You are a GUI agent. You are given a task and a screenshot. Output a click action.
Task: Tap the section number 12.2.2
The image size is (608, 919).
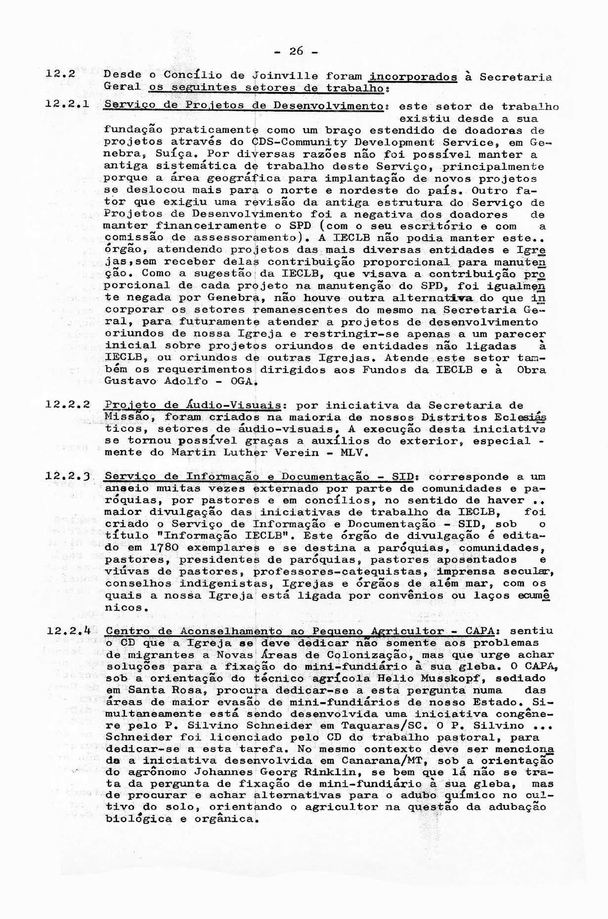(67, 405)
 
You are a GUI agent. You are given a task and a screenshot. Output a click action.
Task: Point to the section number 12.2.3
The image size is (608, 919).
(67, 476)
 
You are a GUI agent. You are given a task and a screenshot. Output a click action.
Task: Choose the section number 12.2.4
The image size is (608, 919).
(67, 631)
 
